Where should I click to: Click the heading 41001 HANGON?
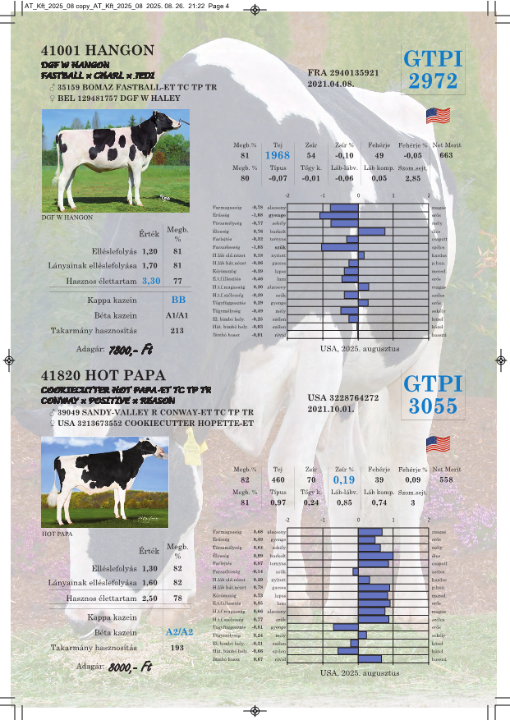click(x=97, y=50)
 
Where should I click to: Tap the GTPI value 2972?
click(x=433, y=80)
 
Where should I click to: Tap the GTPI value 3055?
click(x=433, y=406)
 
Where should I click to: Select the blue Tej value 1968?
click(x=277, y=155)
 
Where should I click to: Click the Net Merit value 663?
click(x=446, y=155)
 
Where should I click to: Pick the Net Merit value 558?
click(x=446, y=479)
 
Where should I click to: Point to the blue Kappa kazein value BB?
click(x=178, y=300)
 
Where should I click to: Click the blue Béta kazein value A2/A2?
click(x=179, y=632)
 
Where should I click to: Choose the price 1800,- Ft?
click(x=131, y=349)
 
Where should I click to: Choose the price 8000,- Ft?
click(x=131, y=667)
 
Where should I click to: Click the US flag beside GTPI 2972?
click(x=438, y=116)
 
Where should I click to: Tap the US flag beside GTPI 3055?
click(x=438, y=444)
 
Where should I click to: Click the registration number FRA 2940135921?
click(x=342, y=73)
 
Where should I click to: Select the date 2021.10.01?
click(x=331, y=408)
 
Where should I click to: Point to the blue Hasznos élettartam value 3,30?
click(x=151, y=281)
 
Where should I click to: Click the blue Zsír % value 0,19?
click(x=345, y=479)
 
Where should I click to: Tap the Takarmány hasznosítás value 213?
click(x=177, y=331)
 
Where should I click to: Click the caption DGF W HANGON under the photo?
click(x=67, y=218)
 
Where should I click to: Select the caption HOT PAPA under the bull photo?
click(x=57, y=534)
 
